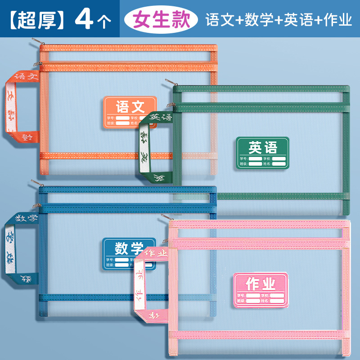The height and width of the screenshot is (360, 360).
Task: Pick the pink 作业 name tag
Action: [260, 289]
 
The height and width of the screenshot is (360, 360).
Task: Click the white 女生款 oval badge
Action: [161, 19]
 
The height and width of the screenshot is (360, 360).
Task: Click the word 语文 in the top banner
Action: [217, 20]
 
